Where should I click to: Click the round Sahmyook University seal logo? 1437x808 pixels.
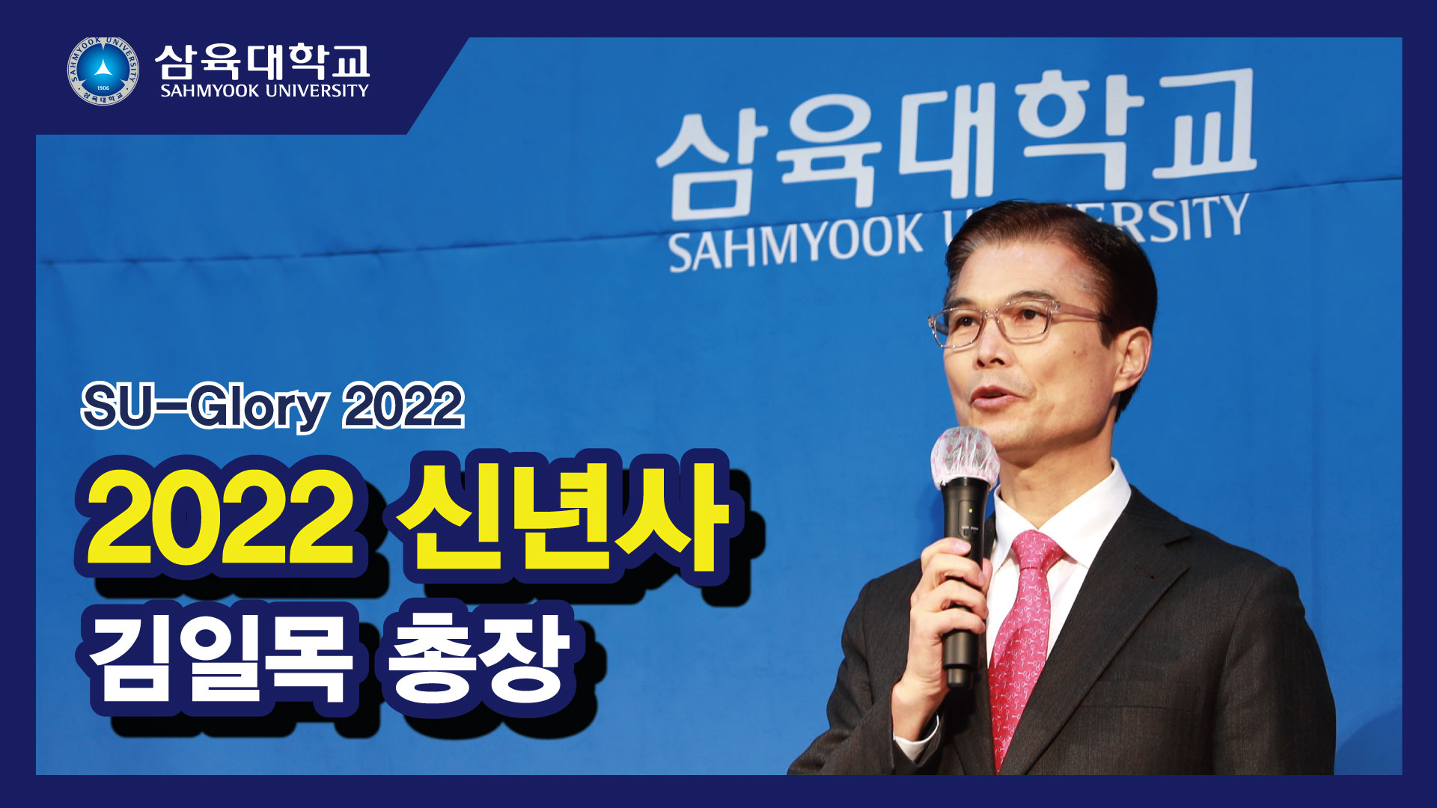pos(103,71)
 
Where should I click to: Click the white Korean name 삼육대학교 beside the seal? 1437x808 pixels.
pos(263,61)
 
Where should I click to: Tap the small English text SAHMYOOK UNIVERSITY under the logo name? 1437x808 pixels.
pos(264,91)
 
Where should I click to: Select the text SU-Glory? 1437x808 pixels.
pos(204,406)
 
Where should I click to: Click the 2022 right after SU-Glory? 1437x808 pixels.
pos(403,406)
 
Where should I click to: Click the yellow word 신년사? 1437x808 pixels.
pos(562,517)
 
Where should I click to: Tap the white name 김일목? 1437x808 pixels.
pos(220,660)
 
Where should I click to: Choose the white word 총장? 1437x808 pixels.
pos(477,660)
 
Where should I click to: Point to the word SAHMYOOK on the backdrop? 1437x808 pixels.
pos(796,241)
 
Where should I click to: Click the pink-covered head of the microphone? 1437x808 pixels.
pos(965,458)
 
